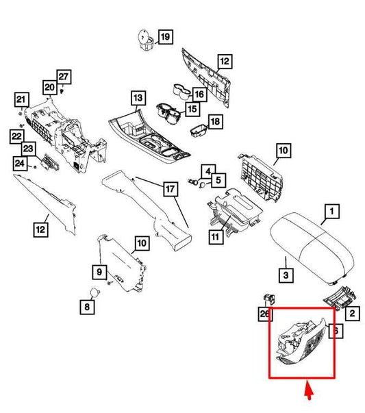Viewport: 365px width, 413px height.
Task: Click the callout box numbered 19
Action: point(166,36)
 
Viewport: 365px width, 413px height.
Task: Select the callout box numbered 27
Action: point(64,77)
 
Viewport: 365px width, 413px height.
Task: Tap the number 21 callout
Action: point(22,99)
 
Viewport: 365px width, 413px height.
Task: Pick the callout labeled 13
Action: point(138,98)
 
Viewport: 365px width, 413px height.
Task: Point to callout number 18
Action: point(216,121)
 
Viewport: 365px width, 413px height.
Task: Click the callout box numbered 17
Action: point(171,189)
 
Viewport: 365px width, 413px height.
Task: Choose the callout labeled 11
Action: point(216,237)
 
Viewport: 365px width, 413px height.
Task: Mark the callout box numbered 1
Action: point(331,211)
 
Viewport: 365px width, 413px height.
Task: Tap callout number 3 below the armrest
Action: point(286,275)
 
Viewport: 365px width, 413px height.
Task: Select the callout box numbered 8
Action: point(87,307)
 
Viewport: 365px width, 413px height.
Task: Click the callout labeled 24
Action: point(20,163)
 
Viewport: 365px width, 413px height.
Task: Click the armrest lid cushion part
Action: point(312,247)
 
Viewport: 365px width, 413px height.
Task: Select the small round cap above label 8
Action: point(95,292)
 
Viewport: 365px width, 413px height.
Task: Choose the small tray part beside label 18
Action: point(199,129)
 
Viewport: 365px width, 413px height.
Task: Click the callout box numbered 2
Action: point(352,313)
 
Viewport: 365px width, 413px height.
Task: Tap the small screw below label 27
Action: point(62,91)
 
